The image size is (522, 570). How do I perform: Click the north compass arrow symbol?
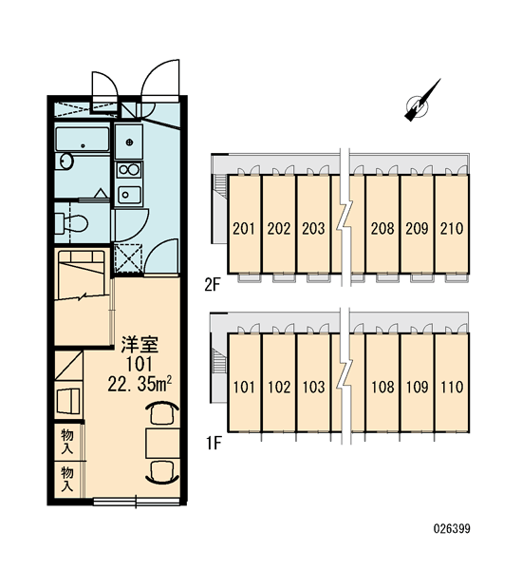421,102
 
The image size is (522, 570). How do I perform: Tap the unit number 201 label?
244,229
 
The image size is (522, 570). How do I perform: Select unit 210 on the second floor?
452,229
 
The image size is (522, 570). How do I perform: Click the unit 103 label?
313,387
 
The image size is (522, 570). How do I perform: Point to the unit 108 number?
382,387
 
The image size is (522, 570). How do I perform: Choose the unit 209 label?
417,229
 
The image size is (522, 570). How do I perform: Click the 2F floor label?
213,285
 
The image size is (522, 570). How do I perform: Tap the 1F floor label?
214,443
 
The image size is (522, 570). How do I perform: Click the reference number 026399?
452,528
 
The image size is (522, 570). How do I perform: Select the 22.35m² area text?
140,383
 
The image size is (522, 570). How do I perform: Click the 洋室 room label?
140,345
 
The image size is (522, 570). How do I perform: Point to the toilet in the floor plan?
71,223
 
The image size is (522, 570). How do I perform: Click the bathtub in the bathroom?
83,140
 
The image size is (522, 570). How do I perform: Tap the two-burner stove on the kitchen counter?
128,170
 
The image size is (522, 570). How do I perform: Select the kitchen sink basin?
129,195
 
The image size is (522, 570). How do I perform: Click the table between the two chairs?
162,443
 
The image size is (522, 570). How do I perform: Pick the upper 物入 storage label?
67,441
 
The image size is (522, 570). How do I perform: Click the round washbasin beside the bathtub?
66,161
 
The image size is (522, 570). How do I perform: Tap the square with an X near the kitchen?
128,258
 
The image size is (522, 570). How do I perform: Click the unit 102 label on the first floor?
279,387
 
